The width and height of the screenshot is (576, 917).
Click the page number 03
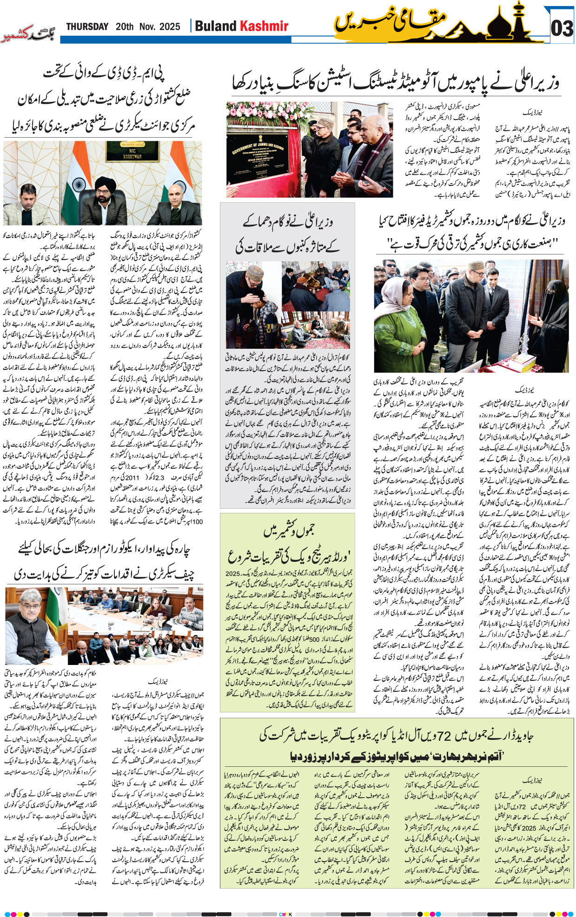pos(562,29)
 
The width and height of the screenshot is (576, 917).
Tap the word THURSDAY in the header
pos(87,27)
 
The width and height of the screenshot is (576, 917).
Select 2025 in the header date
pos(170,27)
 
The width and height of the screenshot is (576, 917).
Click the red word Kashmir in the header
pos(264,26)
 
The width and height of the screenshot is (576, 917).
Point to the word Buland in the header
pos(215,26)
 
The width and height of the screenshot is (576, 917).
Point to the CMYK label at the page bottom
pos(285,914)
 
